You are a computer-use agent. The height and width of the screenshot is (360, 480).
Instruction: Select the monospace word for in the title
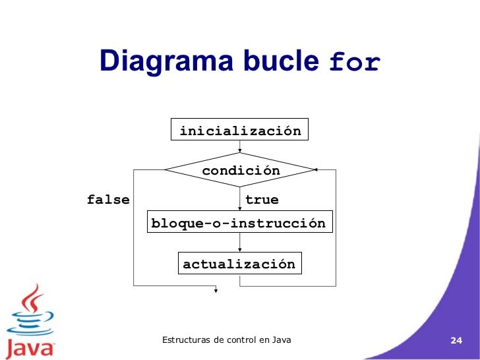point(354,63)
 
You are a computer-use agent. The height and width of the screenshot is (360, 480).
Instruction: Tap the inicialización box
point(240,131)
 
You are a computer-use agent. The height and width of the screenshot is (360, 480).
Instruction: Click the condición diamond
point(241,171)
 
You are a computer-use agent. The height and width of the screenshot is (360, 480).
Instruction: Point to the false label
point(108,199)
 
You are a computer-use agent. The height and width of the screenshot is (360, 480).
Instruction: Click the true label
point(262,199)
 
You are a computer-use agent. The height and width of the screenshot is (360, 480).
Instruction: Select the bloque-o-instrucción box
point(239,224)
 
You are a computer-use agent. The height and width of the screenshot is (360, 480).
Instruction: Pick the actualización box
point(239,264)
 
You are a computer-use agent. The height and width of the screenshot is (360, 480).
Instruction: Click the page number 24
point(455,340)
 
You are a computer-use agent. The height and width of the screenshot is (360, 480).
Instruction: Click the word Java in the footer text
point(280,340)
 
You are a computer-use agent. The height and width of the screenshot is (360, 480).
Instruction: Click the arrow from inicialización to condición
point(239,147)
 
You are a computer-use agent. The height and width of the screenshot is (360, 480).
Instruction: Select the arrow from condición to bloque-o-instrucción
point(239,199)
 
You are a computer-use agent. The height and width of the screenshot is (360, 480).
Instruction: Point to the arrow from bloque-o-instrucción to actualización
point(239,244)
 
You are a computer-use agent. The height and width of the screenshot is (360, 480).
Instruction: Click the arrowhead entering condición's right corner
point(316,170)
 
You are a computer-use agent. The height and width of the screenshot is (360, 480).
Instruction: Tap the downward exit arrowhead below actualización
point(215,288)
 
